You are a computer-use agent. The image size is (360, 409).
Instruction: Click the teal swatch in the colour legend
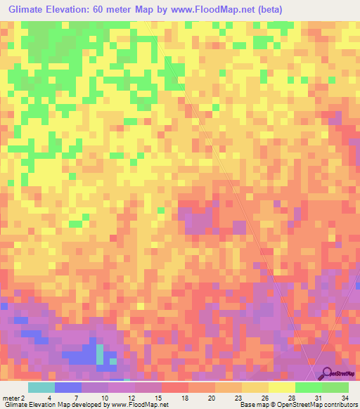(41, 387)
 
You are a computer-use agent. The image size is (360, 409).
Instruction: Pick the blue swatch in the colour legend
(68, 387)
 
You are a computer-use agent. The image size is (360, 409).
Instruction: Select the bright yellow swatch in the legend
(281, 387)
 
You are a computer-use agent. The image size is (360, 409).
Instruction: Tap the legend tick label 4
(49, 397)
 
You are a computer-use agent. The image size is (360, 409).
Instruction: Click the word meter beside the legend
(10, 397)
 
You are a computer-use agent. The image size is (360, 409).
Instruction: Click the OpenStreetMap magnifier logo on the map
(326, 375)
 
